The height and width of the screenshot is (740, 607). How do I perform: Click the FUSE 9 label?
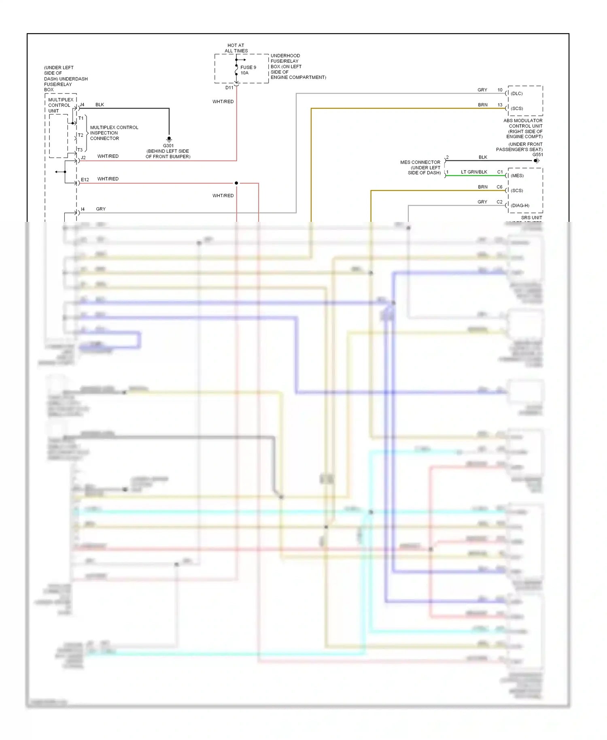point(248,68)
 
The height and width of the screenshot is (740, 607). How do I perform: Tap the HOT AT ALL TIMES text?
point(236,48)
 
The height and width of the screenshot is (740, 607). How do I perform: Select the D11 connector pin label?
point(229,87)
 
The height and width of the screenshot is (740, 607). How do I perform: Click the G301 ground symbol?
point(169,139)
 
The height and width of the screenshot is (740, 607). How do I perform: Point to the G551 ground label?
point(537,155)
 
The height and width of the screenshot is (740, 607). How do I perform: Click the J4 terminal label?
point(82,105)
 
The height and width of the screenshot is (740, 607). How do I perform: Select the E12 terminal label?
point(85,179)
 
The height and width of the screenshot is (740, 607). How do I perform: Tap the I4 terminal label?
point(83,209)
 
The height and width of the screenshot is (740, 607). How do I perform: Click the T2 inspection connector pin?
point(81,135)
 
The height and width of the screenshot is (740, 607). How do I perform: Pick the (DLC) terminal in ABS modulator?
point(517,94)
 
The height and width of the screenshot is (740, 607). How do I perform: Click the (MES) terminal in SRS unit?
point(517,176)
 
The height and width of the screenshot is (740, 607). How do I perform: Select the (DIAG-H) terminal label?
point(520,206)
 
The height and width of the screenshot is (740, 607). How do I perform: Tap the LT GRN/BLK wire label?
point(474,172)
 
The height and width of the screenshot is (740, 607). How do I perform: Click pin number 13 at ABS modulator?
point(500,105)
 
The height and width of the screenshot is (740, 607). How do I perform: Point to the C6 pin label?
point(499,187)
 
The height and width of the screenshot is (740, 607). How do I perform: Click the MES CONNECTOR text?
point(420,162)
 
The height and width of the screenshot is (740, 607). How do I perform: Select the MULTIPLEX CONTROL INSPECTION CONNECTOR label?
point(114,133)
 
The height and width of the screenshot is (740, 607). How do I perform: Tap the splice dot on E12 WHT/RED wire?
point(236,183)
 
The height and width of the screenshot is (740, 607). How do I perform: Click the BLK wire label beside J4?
point(100,105)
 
